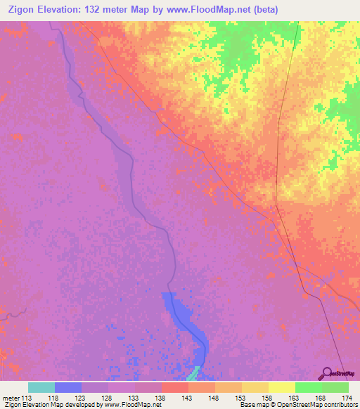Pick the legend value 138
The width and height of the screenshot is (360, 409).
pyautogui.click(x=162, y=397)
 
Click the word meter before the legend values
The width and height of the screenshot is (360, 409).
pyautogui.click(x=11, y=397)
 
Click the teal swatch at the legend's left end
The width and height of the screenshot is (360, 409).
pyautogui.click(x=41, y=387)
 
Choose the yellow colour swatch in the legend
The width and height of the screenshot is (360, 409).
pyautogui.click(x=282, y=387)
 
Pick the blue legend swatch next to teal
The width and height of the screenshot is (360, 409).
pyautogui.click(x=68, y=387)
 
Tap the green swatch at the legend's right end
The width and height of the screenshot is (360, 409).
pyautogui.click(x=335, y=387)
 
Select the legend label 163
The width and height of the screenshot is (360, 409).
pyautogui.click(x=295, y=397)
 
